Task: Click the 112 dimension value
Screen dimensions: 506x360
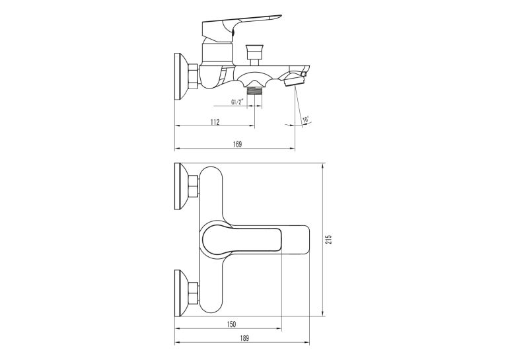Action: point(215,122)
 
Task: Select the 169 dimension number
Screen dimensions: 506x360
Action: point(237,144)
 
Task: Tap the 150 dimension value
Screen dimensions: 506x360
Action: point(231,324)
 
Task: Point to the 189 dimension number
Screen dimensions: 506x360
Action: point(244,338)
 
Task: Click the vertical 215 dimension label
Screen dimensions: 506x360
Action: point(328,239)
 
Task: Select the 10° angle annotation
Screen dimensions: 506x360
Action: point(306,120)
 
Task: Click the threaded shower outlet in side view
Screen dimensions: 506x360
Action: point(254,91)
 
